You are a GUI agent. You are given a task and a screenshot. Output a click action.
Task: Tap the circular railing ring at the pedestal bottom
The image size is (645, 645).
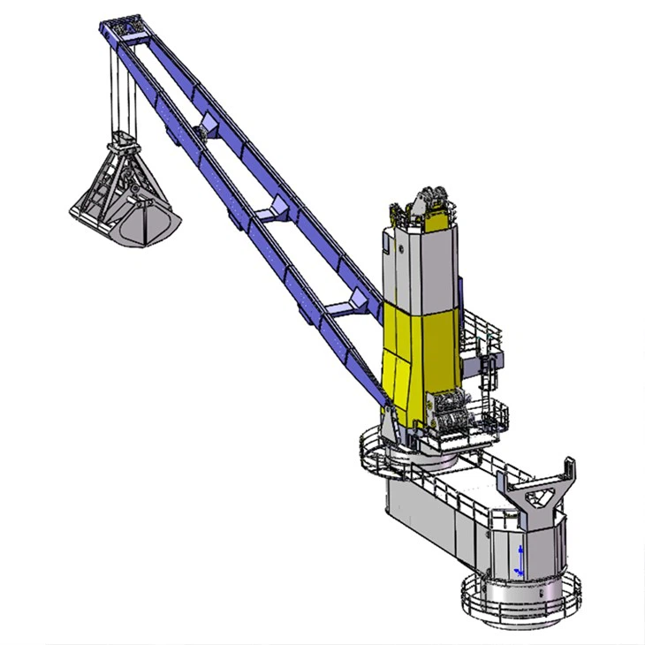pyautogui.click(x=521, y=601)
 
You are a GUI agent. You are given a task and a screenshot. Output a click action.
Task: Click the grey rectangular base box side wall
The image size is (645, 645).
pyautogui.click(x=433, y=521)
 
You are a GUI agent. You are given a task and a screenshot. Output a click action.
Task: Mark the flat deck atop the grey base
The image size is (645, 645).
pyautogui.click(x=468, y=486)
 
